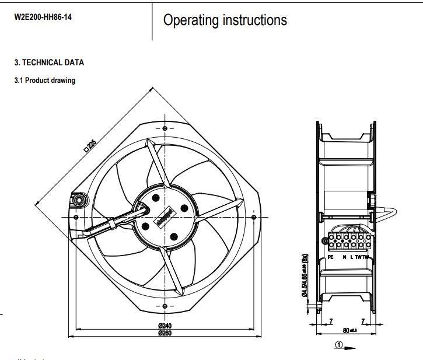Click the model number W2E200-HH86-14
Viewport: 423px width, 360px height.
43,17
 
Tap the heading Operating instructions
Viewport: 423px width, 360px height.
225,20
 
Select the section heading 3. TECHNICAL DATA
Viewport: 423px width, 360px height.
49,62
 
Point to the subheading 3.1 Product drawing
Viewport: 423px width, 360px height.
44,81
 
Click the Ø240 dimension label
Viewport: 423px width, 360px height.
165,326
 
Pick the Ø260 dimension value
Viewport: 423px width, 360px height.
165,333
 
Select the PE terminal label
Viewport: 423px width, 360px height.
331,257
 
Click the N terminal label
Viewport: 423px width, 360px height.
345,257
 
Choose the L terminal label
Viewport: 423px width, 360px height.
352,257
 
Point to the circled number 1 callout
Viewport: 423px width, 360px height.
338,344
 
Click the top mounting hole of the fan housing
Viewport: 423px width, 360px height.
165,128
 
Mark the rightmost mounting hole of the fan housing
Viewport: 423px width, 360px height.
253,217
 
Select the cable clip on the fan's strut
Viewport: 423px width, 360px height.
110,223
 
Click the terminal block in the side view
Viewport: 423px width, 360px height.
348,241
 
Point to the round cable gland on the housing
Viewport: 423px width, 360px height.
78,200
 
